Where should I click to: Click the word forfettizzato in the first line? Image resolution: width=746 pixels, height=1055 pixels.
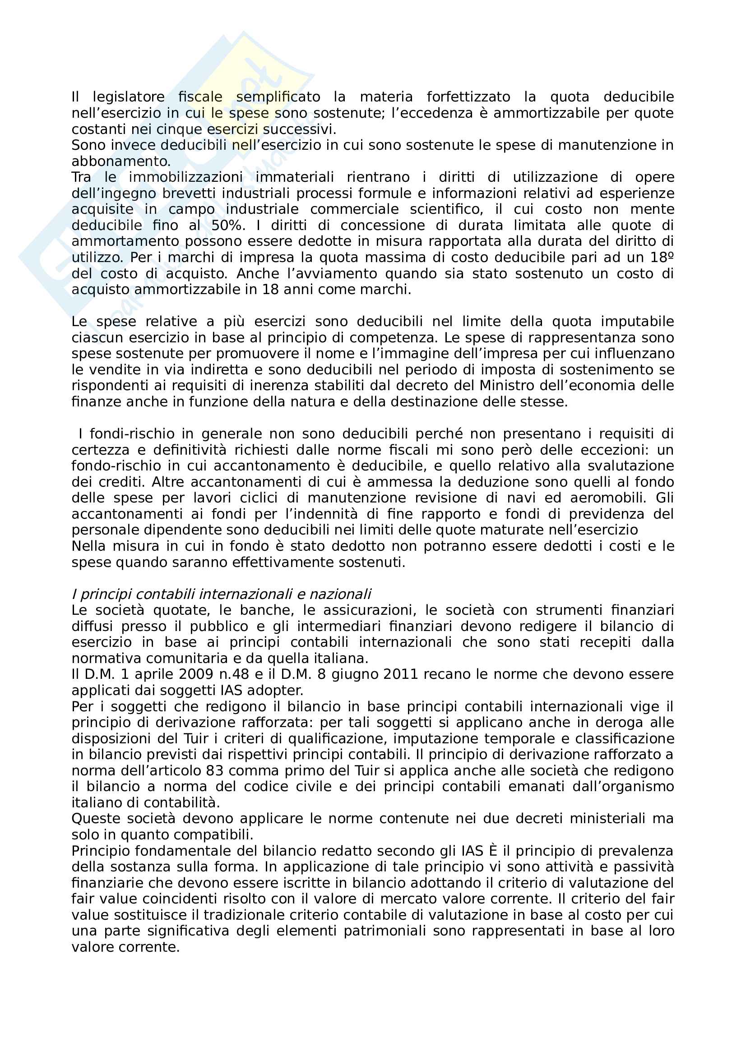(468, 97)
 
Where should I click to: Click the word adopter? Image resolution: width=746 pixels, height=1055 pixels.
(275, 691)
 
